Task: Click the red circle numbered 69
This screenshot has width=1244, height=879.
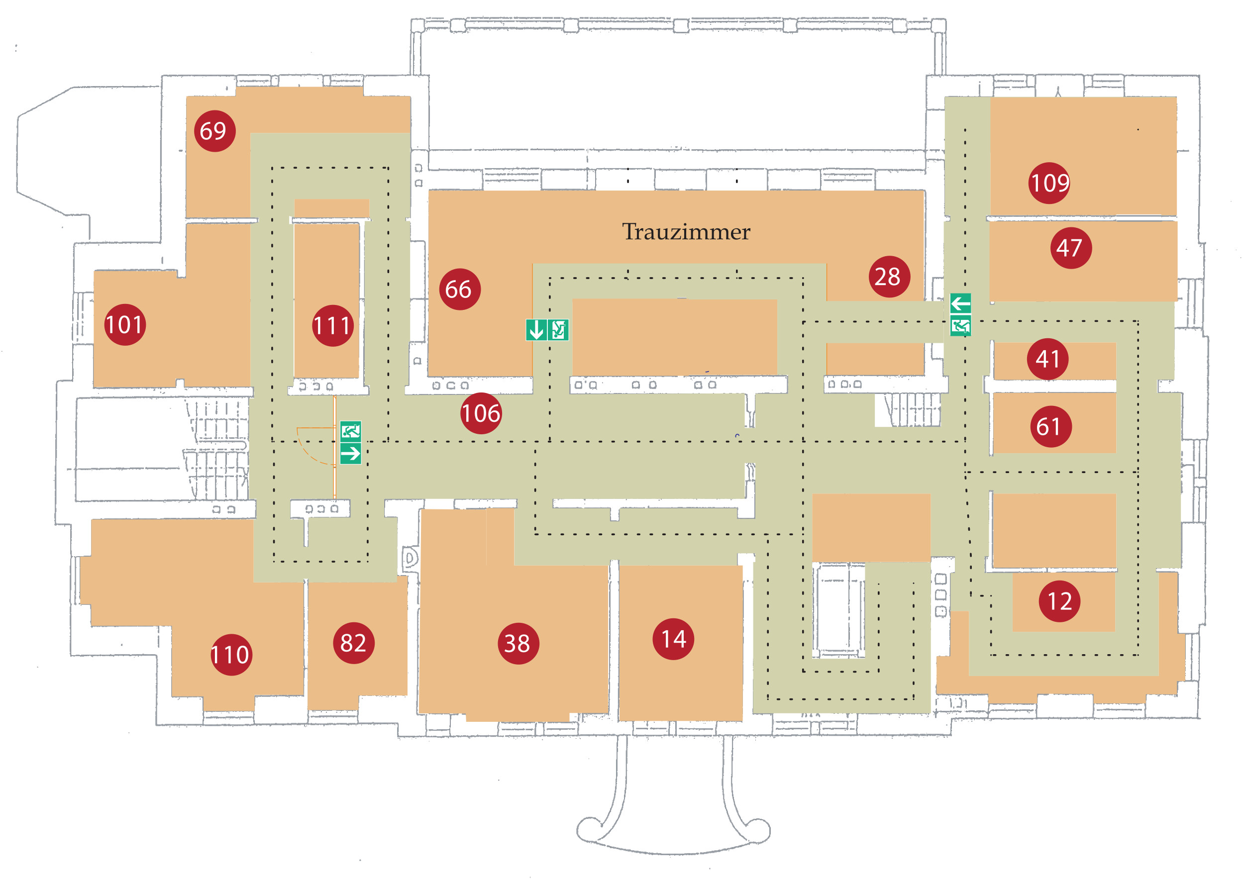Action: [214, 131]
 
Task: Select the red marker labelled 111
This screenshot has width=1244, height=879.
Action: [333, 326]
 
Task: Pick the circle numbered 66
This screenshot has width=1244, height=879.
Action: [459, 289]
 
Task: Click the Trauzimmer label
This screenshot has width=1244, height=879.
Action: [686, 232]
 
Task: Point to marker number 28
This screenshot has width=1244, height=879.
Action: [889, 277]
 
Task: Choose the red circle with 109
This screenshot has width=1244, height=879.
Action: [1049, 183]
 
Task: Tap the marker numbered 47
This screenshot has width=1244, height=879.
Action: [1071, 248]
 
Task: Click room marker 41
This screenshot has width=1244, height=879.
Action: [1048, 359]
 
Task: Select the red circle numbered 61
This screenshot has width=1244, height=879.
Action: [1050, 427]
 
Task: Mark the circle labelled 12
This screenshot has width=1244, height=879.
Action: [1060, 601]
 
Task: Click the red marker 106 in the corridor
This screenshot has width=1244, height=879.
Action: [481, 413]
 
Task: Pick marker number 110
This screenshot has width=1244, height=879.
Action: [231, 655]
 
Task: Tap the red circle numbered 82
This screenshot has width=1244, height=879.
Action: [354, 643]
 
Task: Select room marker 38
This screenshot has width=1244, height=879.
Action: [518, 643]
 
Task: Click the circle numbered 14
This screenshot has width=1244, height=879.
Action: [673, 639]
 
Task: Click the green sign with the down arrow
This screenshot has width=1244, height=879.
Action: [536, 330]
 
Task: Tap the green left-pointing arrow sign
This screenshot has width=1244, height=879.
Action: [961, 303]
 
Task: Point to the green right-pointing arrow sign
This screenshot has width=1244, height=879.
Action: [350, 453]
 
